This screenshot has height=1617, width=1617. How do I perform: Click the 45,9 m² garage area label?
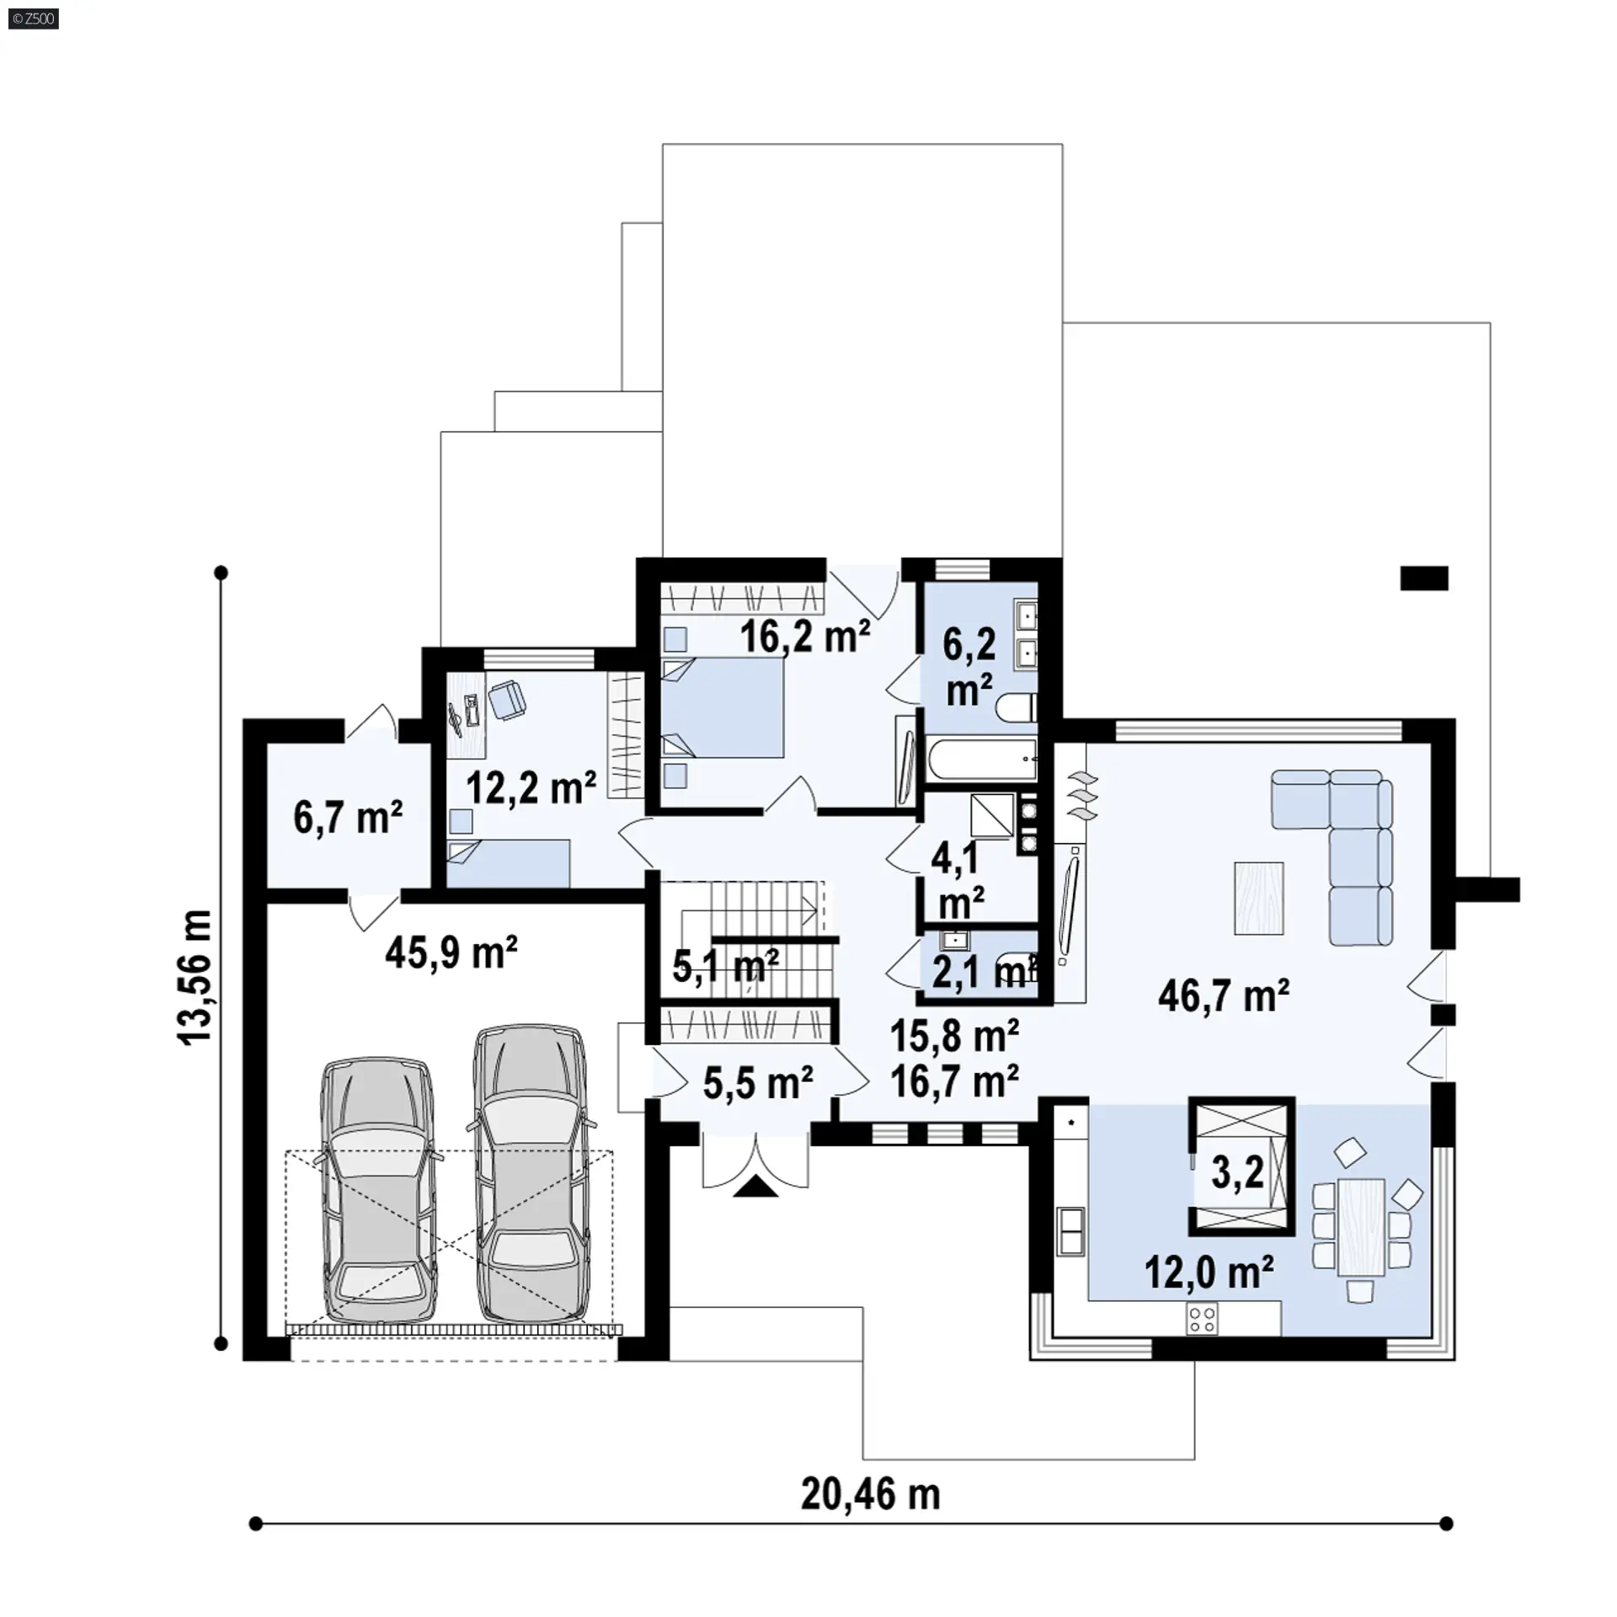[x=451, y=953]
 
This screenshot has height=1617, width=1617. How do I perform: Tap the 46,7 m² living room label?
[x=1224, y=996]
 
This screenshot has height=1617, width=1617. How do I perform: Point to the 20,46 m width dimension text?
[x=870, y=1494]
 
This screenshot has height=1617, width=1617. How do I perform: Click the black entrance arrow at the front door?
[x=756, y=1186]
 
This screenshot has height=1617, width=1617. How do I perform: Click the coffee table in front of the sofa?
[x=1259, y=898]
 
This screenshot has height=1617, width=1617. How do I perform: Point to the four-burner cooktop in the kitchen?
[x=1202, y=1319]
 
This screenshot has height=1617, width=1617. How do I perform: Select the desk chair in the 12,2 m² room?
[x=506, y=699]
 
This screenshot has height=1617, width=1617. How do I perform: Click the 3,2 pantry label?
[x=1237, y=1173]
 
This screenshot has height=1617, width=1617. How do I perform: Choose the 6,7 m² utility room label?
[x=348, y=816]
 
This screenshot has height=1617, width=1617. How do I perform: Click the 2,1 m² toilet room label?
[x=982, y=973]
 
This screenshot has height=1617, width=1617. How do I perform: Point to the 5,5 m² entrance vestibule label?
[x=758, y=1082]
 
